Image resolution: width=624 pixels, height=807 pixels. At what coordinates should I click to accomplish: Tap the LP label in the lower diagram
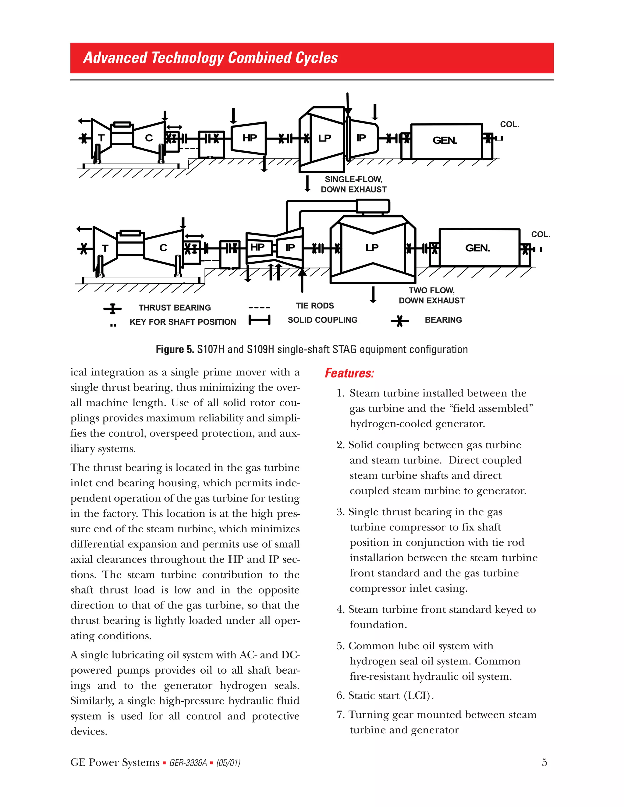pos(372,248)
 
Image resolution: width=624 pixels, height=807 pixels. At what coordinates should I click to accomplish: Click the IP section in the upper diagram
pos(362,138)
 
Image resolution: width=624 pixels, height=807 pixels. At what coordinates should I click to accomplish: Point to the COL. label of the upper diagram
pos(509,125)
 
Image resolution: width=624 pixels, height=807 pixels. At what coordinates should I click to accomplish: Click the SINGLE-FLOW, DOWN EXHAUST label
pos(353,184)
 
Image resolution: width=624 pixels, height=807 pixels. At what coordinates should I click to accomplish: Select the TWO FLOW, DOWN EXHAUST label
pos(431,295)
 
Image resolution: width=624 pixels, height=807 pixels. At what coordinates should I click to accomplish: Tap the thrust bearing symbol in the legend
pos(112,308)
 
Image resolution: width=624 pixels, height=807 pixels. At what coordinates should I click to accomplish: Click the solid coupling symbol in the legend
pos(260,320)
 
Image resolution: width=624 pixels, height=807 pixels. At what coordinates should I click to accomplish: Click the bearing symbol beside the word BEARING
pos(400,321)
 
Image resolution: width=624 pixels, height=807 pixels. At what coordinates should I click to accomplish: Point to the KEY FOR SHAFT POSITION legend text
pos(183,322)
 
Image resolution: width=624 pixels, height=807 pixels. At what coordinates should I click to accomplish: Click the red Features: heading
pos(349,373)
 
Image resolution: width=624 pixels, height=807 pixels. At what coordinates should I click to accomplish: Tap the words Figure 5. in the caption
pos(175,349)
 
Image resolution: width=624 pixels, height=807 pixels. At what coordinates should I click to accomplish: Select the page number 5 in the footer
pos(544,762)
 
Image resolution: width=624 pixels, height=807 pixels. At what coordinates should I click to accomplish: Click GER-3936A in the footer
pos(188,763)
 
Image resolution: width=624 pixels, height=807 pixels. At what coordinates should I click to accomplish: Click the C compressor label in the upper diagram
pos(149,138)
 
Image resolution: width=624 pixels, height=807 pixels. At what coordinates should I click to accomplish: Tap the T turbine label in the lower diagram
pos(105,248)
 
